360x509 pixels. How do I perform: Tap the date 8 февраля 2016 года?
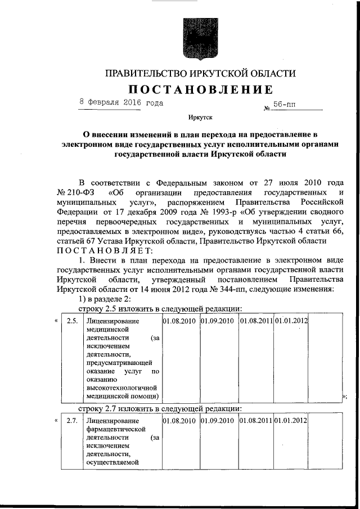[x=121, y=103]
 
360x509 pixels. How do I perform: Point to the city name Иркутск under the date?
[x=201, y=118]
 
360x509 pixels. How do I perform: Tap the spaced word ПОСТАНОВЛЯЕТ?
[x=104, y=250]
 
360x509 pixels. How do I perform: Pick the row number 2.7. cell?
[x=72, y=421]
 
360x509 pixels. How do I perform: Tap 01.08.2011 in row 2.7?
[x=256, y=421]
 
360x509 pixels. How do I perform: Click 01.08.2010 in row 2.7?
[x=179, y=421]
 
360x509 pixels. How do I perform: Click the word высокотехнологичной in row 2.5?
[x=120, y=387]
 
